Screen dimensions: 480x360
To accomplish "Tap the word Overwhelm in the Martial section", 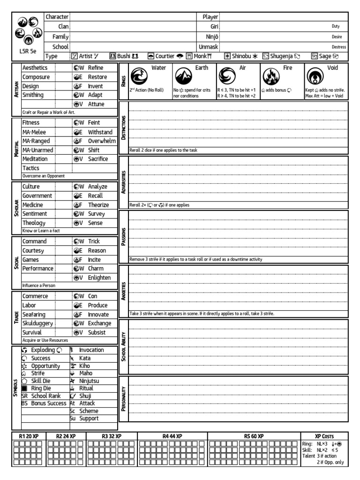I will tap(101, 141).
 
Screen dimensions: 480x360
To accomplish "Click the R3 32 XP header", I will tap(112, 436).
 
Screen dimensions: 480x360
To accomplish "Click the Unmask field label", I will tap(208, 47).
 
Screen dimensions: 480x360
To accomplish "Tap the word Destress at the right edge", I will tap(338, 47).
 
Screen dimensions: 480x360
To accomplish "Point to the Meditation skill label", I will tap(37, 159).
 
